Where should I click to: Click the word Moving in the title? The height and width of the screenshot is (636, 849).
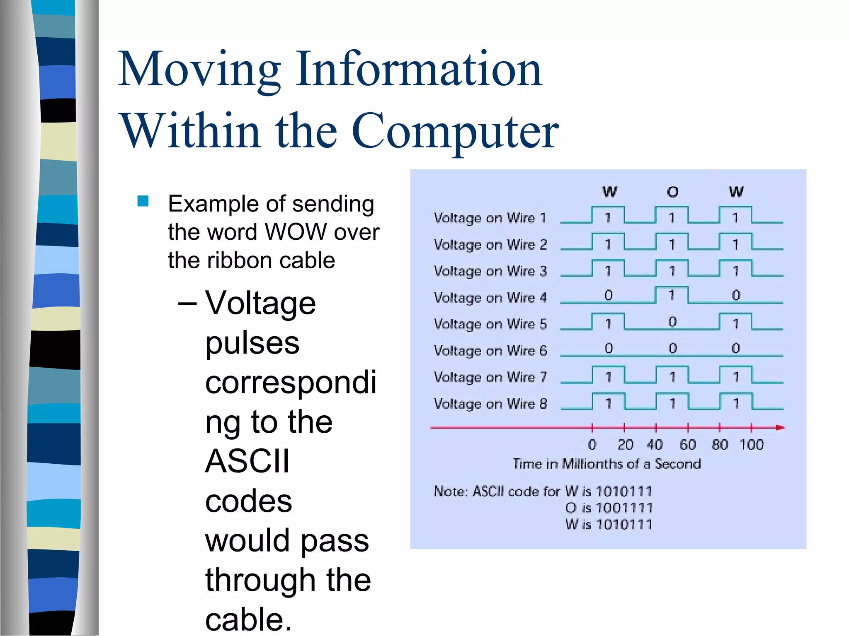(199, 69)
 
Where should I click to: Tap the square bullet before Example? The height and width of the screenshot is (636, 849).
(143, 201)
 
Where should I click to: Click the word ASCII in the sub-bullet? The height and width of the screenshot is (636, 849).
(247, 461)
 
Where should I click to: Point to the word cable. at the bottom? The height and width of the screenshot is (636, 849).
(248, 619)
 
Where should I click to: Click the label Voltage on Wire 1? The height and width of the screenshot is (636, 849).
(490, 218)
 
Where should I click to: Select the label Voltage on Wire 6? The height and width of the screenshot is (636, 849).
(490, 351)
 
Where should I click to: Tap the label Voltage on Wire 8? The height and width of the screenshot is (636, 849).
(490, 404)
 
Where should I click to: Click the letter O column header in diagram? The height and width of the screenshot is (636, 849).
(672, 192)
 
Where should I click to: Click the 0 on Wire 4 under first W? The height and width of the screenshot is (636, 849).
(608, 295)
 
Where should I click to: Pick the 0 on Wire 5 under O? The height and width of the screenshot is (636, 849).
(672, 322)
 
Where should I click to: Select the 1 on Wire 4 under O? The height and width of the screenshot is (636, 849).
(672, 295)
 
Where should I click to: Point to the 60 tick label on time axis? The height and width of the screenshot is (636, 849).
(688, 445)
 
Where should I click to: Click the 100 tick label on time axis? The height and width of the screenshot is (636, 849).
(752, 445)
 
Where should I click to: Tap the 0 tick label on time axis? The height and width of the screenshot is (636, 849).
(592, 445)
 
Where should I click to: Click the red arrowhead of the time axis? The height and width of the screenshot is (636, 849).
(780, 427)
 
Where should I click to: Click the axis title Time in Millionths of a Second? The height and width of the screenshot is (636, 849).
(606, 464)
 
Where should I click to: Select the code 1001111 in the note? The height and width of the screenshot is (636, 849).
(624, 508)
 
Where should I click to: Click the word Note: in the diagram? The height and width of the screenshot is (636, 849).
(451, 491)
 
